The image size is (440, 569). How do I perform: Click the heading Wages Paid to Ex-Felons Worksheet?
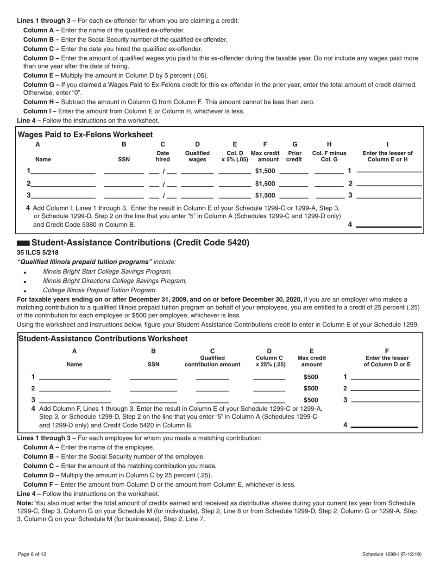pyautogui.click(x=85, y=135)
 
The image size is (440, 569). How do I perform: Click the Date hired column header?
pyautogui.click(x=163, y=156)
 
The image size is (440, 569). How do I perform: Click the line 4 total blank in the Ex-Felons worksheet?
pyautogui.click(x=389, y=225)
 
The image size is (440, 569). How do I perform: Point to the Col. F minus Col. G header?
pyautogui.click(x=329, y=156)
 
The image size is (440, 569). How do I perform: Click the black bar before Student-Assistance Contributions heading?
pyautogui.click(x=23, y=243)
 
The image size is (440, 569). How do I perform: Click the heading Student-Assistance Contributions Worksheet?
pyautogui.click(x=102, y=339)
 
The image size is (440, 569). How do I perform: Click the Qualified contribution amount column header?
pyautogui.click(x=213, y=361)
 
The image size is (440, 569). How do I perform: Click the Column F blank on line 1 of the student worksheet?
pyautogui.click(x=385, y=378)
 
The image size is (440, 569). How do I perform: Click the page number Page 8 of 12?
pyautogui.click(x=32, y=554)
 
